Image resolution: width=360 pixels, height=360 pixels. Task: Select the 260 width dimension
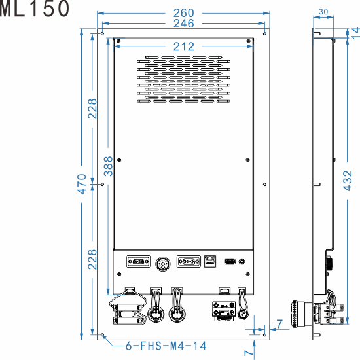183,12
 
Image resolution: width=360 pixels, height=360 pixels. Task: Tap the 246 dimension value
183,24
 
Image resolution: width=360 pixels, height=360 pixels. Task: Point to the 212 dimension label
184,46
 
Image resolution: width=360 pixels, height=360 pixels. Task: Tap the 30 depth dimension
323,12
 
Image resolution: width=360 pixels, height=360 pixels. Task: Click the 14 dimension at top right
354,34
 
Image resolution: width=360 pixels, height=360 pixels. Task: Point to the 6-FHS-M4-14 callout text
164,346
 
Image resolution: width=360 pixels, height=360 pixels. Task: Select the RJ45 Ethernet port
210,261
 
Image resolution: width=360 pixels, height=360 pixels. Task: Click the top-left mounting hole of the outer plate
102,34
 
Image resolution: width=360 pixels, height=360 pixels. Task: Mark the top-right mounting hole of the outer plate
264,34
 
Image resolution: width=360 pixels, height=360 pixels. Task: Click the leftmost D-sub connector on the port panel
137,262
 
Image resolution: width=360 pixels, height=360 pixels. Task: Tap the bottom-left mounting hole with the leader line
102,334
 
